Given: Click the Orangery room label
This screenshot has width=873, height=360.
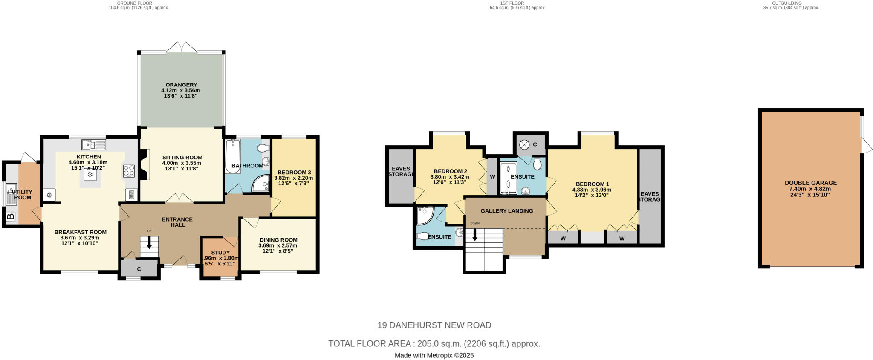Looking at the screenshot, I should (x=181, y=85).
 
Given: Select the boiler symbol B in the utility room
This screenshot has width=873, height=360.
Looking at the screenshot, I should (x=10, y=217).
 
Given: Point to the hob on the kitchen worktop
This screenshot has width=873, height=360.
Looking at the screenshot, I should (x=129, y=171).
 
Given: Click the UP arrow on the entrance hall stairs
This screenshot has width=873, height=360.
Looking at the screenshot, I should (x=149, y=242).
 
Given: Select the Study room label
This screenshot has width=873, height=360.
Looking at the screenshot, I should (x=220, y=253).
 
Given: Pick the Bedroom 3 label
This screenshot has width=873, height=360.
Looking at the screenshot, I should (x=294, y=173).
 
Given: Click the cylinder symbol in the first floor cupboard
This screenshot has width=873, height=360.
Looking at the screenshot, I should (x=524, y=145).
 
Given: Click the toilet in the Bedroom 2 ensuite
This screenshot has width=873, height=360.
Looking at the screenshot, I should (x=424, y=236).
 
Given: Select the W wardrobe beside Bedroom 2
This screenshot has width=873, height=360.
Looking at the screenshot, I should (x=492, y=176).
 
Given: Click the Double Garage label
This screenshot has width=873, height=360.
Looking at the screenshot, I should (x=810, y=183).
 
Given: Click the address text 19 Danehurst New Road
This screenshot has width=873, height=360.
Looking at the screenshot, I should (x=434, y=325).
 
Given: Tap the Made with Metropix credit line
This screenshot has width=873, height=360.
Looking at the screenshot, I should (x=434, y=355).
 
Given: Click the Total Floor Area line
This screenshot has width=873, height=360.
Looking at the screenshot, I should (x=434, y=343).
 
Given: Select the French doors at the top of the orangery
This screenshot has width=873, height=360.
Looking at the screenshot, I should (x=182, y=48).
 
